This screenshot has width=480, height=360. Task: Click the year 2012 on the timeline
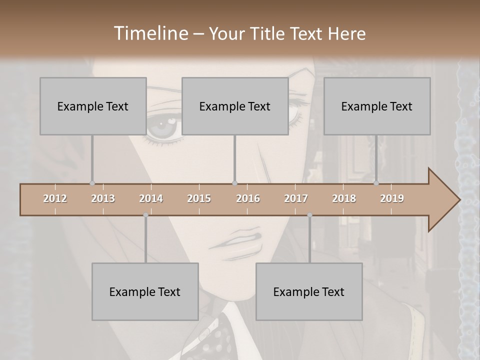(x=55, y=198)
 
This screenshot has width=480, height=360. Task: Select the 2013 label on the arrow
(x=103, y=198)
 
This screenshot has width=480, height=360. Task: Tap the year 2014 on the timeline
(x=151, y=198)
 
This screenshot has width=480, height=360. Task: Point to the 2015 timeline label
(x=199, y=198)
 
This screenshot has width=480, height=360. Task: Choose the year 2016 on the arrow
(x=248, y=198)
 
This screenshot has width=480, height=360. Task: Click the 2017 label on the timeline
(x=296, y=198)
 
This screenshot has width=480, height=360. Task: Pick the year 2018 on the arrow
(x=344, y=198)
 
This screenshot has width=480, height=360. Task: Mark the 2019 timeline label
(x=392, y=198)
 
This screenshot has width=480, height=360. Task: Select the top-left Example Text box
(x=93, y=106)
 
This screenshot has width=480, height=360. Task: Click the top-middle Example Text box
(x=235, y=106)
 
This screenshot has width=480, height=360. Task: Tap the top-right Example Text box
(x=377, y=106)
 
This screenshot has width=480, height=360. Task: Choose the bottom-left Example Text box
(x=145, y=291)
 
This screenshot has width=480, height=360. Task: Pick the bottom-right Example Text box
(x=309, y=291)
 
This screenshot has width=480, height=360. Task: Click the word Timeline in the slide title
(x=150, y=33)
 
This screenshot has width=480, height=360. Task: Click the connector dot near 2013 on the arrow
(x=92, y=183)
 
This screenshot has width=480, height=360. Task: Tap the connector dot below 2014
(x=145, y=215)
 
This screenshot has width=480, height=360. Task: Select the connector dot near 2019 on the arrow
(x=376, y=183)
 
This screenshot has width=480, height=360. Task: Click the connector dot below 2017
(x=309, y=215)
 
